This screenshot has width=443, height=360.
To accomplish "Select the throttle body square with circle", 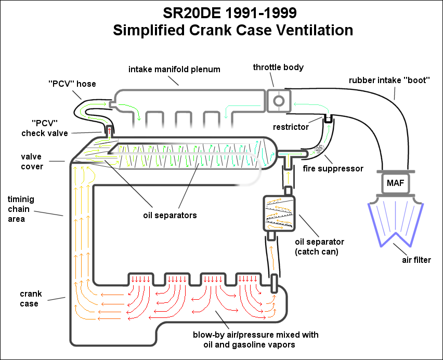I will click(278, 99).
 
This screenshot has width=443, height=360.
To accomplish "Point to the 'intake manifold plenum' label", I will click(174, 69).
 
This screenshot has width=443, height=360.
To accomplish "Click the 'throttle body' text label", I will click(278, 67).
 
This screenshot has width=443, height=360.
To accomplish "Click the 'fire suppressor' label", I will click(333, 168).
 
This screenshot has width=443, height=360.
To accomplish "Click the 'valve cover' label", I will click(32, 161).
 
